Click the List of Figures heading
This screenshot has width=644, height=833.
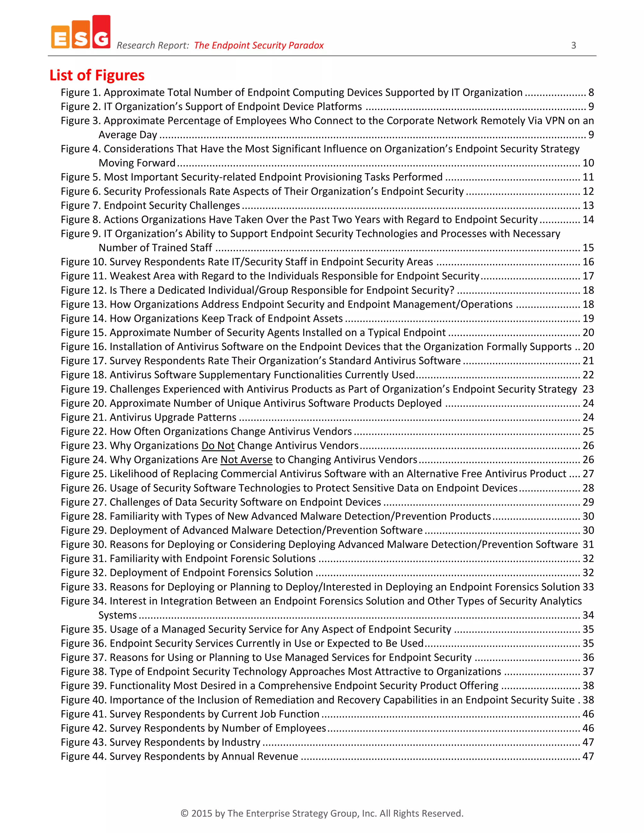pos(97,75)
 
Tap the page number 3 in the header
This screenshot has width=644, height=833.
pos(574,45)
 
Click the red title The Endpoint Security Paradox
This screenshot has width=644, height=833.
pos(259,45)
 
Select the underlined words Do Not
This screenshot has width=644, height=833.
pos(218,445)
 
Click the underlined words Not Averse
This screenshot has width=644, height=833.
pos(247,460)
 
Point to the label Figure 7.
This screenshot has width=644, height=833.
pos(80,205)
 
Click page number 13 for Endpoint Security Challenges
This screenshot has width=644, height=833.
pos(588,205)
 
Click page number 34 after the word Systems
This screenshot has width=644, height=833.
pos(588,615)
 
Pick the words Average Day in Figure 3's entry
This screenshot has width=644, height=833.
pos(128,135)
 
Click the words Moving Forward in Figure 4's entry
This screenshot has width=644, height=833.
pos(137,163)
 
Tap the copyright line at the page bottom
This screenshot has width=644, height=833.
pos(322,813)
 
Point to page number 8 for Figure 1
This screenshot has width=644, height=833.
pos(591,92)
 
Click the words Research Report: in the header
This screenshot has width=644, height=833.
pos(153,45)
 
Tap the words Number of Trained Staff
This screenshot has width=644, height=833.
pos(155,247)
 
